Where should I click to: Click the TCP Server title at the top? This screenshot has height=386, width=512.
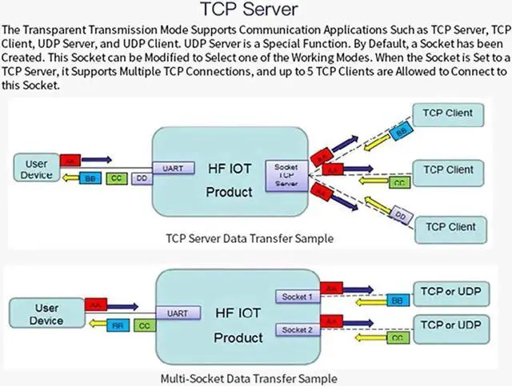point(256,10)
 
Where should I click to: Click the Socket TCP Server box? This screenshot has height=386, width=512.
point(286,173)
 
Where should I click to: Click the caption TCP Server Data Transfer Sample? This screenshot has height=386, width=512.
point(249,238)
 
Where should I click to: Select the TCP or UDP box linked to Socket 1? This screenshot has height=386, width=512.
point(451,292)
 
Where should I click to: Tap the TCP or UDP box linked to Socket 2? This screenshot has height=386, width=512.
point(451,326)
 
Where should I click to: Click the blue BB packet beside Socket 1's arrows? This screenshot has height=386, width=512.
point(395,300)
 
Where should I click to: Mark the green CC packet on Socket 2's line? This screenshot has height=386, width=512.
point(395,337)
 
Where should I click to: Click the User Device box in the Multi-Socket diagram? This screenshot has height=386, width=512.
point(46,314)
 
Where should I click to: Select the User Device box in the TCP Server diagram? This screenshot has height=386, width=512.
point(35,169)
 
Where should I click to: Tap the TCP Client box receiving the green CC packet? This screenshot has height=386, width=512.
point(448,170)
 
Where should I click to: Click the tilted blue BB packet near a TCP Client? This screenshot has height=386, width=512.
point(401,128)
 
